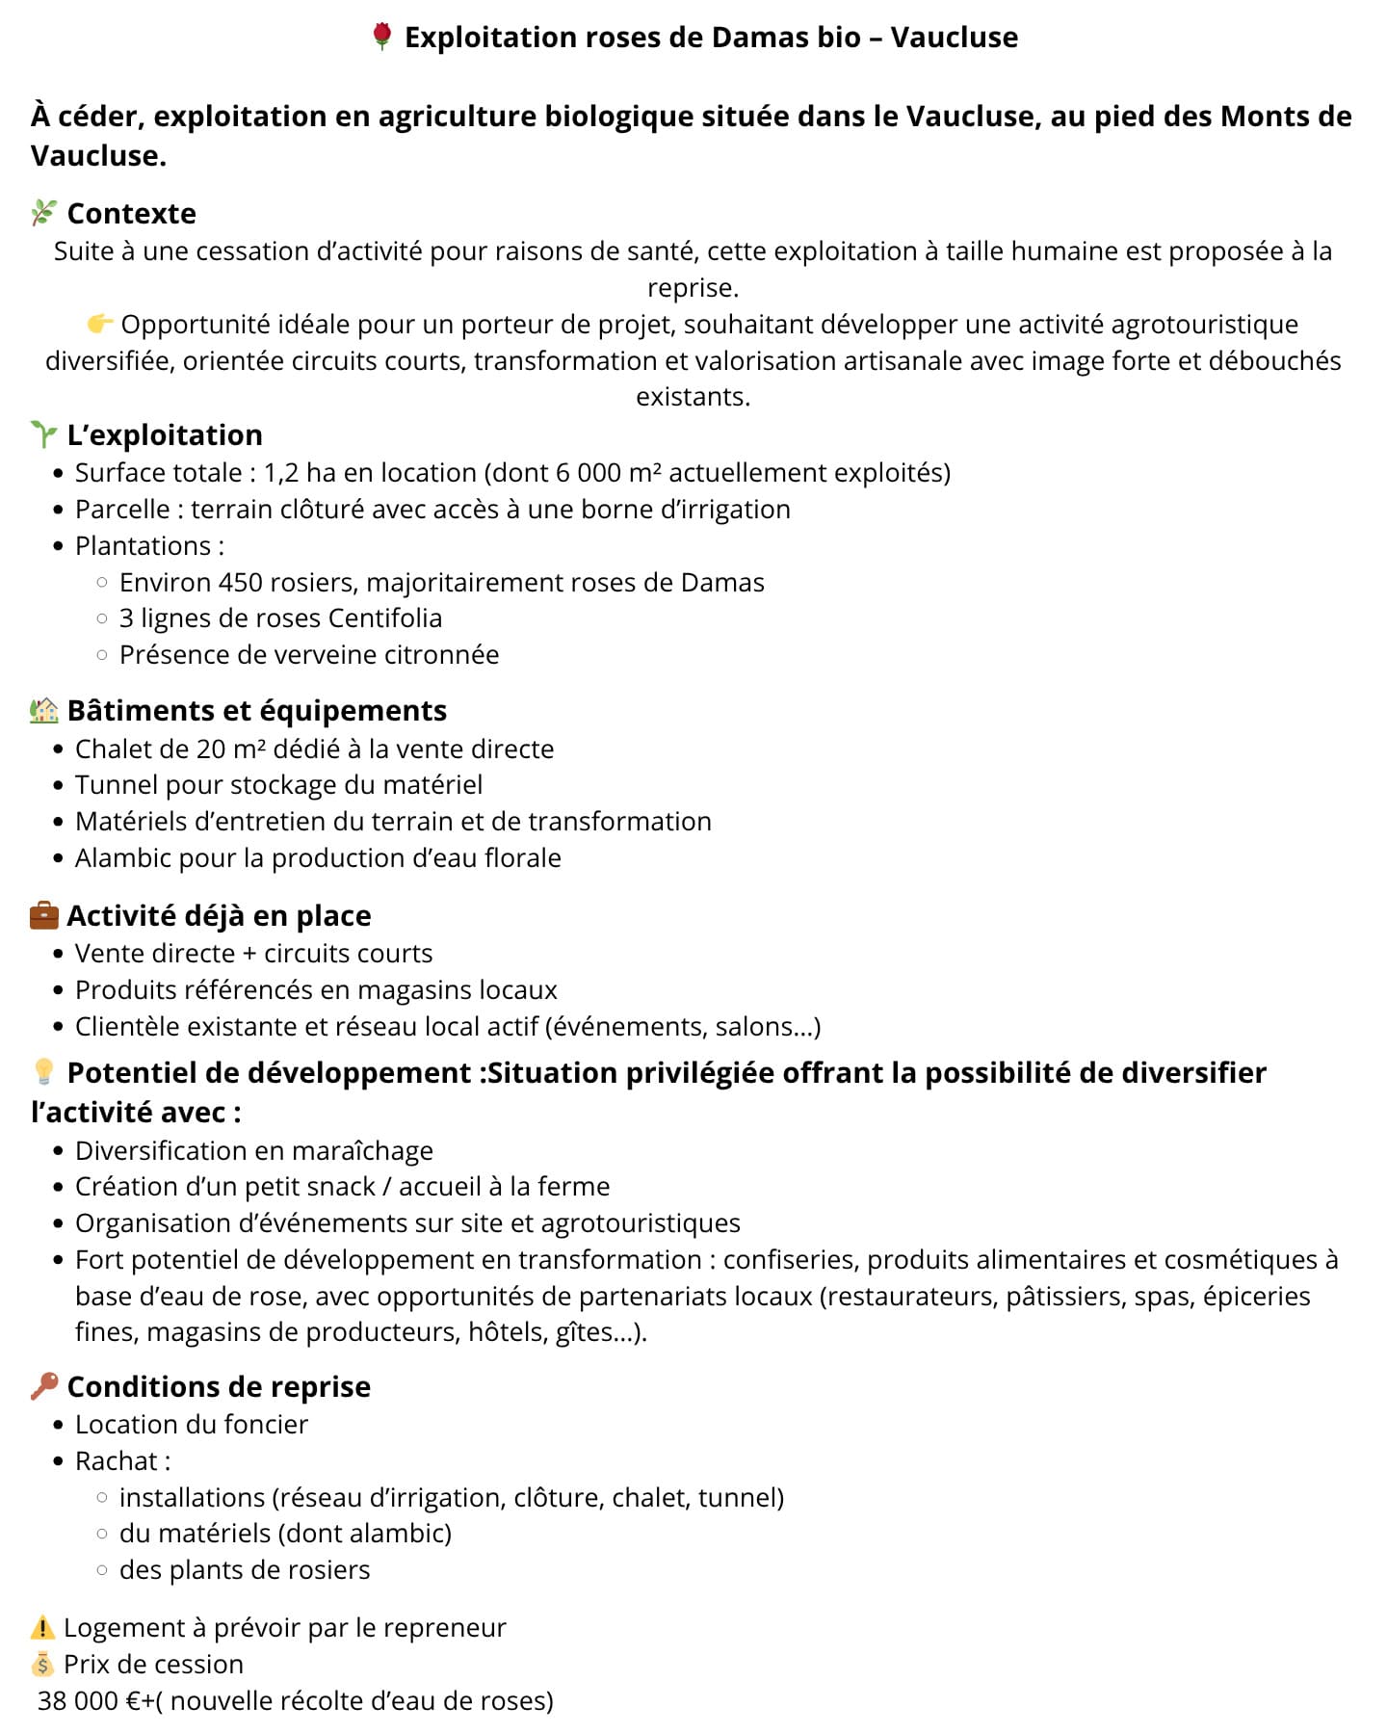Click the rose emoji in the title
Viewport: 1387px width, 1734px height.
pyautogui.click(x=381, y=37)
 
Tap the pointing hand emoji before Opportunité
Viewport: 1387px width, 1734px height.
pyautogui.click(x=99, y=324)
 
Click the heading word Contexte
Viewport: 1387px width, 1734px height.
pyautogui.click(x=131, y=213)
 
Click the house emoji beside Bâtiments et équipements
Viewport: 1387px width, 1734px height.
pyautogui.click(x=44, y=711)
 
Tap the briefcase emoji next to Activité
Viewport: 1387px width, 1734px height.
pyautogui.click(x=44, y=915)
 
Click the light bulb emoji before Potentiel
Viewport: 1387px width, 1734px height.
pyautogui.click(x=44, y=1071)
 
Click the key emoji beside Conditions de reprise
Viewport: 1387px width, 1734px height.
pyautogui.click(x=44, y=1386)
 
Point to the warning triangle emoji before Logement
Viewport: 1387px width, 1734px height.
pyautogui.click(x=43, y=1628)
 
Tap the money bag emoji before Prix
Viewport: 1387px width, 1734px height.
pyautogui.click(x=43, y=1664)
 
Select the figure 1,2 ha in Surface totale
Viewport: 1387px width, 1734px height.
pyautogui.click(x=300, y=473)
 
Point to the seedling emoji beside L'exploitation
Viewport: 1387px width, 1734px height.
pyautogui.click(x=44, y=434)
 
